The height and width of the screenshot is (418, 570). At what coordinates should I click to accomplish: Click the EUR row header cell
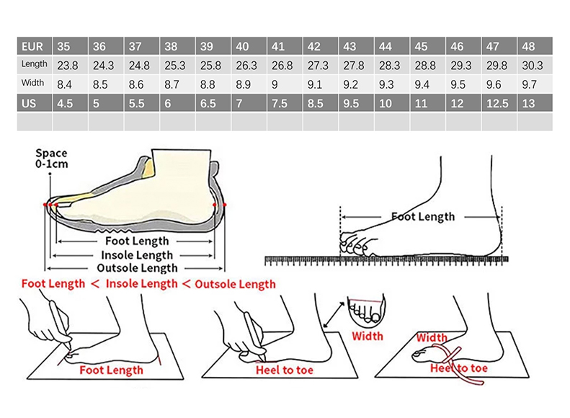(x=34, y=46)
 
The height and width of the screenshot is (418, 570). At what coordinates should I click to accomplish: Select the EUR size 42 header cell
(x=320, y=46)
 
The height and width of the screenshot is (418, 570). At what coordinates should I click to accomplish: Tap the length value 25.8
(x=210, y=66)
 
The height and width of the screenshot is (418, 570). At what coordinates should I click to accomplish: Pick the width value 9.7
(x=529, y=84)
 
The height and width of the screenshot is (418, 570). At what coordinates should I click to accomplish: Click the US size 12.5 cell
(x=499, y=103)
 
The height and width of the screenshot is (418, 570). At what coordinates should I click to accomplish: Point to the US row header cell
(x=34, y=103)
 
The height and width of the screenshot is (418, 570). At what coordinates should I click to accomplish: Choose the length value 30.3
(x=533, y=66)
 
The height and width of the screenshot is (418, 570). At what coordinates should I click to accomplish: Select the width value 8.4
(x=64, y=84)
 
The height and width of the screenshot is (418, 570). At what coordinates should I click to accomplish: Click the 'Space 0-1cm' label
(x=52, y=159)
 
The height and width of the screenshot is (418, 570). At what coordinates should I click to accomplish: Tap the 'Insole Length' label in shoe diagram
(x=137, y=255)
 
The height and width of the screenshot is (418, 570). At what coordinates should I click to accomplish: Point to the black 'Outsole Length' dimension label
(x=137, y=268)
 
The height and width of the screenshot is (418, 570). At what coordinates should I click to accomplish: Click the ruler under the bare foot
(x=386, y=260)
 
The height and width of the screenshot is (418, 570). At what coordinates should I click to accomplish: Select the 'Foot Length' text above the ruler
(x=423, y=217)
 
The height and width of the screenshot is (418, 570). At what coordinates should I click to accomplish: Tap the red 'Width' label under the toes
(x=368, y=336)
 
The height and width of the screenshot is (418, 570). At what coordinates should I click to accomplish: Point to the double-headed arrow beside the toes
(x=334, y=315)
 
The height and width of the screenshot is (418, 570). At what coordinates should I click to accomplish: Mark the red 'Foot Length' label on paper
(x=111, y=370)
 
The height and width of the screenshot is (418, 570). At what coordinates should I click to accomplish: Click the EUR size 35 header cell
(x=70, y=46)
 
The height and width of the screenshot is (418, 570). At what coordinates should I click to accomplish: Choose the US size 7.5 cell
(x=285, y=103)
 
